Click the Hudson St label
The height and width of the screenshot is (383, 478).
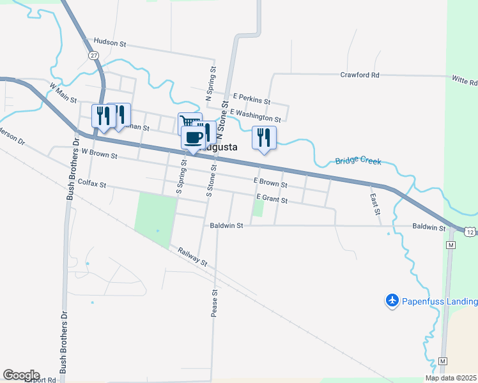click(x=111, y=42)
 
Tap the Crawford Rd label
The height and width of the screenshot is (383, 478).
click(x=360, y=75)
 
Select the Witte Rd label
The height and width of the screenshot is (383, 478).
click(x=465, y=82)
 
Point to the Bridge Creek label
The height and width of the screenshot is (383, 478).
click(x=358, y=161)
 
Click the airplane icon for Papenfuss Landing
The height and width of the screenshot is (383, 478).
click(x=392, y=300)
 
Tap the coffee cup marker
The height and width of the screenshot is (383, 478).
click(x=193, y=137)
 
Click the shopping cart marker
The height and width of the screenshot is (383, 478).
click(x=187, y=121)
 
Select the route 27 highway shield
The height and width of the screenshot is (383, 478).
click(x=93, y=56)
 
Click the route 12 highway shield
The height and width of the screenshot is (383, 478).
click(x=470, y=232)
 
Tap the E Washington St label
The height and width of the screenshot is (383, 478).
click(x=256, y=116)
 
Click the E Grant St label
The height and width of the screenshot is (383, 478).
click(x=272, y=200)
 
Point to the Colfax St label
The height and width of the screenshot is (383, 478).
click(x=91, y=183)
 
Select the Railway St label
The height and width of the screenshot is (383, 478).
click(x=193, y=258)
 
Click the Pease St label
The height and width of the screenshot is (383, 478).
click(x=215, y=303)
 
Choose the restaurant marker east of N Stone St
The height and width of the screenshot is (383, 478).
click(x=264, y=138)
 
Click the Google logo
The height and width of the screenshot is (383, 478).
click(x=21, y=375)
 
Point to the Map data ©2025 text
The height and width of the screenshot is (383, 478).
click(x=451, y=378)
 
